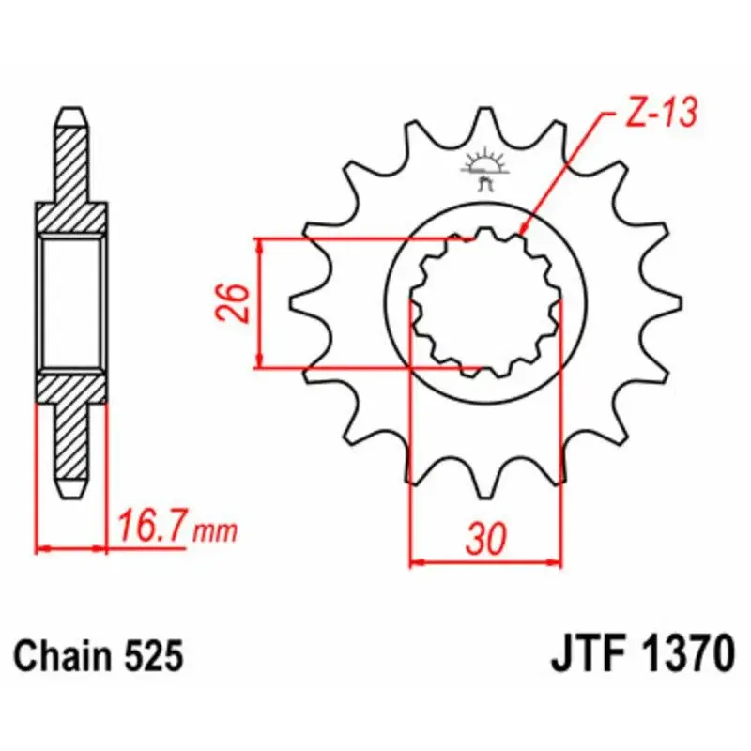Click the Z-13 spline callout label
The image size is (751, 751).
tap(661, 114)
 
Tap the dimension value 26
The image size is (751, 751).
tap(234, 302)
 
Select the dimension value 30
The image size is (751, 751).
tap(485, 538)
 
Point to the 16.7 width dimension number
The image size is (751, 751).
tap(151, 526)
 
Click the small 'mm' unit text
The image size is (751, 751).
tap(215, 531)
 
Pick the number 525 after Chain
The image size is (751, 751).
tap(154, 655)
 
